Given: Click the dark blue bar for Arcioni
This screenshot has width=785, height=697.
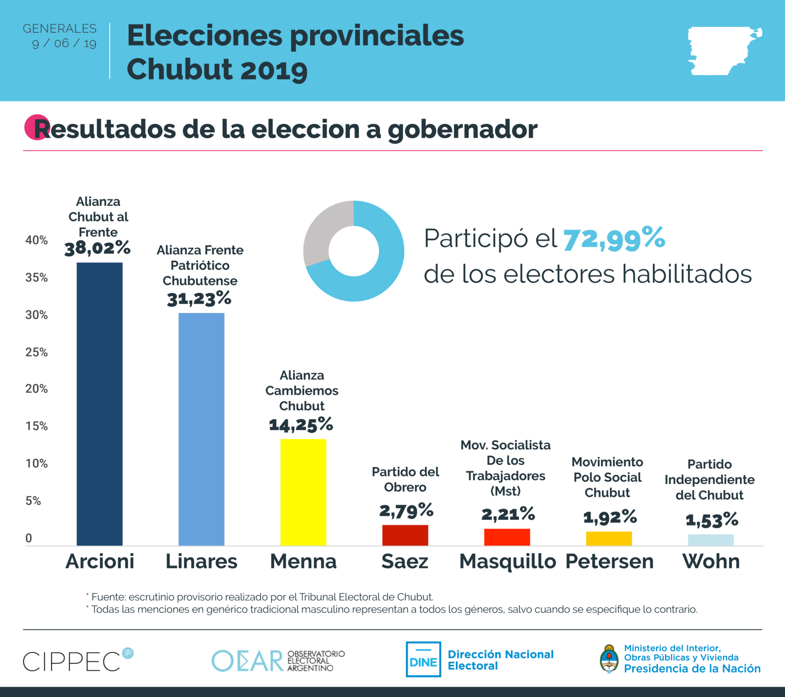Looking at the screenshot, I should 100,404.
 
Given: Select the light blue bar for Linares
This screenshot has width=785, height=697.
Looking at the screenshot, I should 202,429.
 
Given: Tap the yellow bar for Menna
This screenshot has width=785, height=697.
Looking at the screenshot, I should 303,492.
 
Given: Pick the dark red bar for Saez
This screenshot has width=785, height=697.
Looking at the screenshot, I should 405,535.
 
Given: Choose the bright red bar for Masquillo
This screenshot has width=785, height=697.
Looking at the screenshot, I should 507,537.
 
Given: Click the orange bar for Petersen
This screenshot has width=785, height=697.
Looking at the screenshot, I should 609,538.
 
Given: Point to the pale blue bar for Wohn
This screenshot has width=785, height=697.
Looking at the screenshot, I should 711,540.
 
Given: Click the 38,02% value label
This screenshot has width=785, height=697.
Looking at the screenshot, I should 98,248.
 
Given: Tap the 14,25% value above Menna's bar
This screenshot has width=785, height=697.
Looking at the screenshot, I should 301,425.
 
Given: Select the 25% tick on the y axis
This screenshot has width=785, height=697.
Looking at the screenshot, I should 36,353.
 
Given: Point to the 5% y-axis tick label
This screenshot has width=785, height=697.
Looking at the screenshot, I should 33,501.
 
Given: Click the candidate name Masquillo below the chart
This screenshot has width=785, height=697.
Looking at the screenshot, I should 507,561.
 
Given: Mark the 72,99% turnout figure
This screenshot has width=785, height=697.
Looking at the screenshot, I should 614,239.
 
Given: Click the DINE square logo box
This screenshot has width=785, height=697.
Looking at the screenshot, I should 423,659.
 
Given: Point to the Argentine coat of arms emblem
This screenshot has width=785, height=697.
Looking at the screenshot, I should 609,659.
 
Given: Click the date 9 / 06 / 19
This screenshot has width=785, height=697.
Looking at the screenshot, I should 64,43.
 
